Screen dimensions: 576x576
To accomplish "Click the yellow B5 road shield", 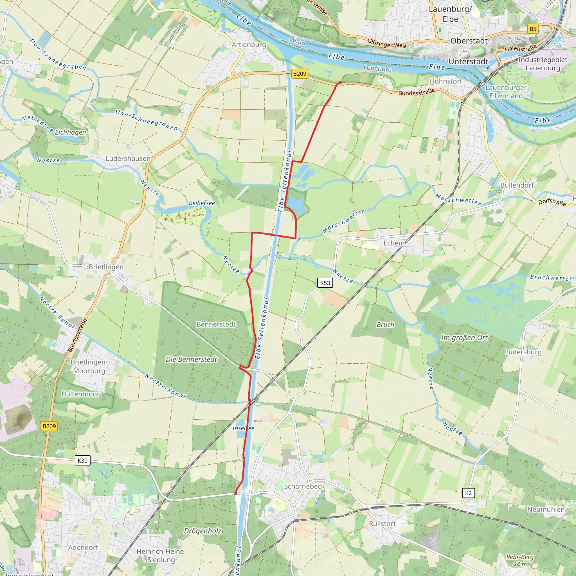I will [533, 29].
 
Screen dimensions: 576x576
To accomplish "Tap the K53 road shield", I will [325, 283].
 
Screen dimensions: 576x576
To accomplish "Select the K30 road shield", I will [83, 460].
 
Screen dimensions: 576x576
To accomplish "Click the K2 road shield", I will [468, 493].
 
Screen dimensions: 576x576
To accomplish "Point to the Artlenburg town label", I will [249, 45].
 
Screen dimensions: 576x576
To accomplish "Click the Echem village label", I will [394, 243].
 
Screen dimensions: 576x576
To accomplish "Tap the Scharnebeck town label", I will [304, 486].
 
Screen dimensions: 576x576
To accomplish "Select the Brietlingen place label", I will [106, 267].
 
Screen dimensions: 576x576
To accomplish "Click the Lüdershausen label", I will [128, 159].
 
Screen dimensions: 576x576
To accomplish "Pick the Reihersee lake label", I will [202, 203].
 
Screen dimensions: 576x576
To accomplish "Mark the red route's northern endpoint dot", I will [340, 83].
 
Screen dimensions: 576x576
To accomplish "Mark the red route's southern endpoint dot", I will [236, 493].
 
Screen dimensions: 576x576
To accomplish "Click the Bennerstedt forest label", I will [216, 324].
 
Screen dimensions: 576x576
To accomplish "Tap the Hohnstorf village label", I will [446, 81].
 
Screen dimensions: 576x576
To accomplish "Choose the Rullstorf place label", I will [382, 523].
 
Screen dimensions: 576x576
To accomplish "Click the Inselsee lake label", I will [243, 428].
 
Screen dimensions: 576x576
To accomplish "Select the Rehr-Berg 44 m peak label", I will [520, 561].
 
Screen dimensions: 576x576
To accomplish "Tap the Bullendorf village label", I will [517, 185].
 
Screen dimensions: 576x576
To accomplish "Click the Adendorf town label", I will [83, 547].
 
